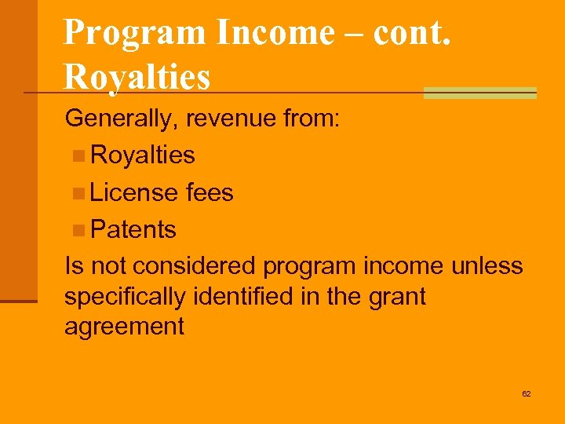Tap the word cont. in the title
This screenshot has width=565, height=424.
pos(411,32)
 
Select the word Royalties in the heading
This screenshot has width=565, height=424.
pos(137,76)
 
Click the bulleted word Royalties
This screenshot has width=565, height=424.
pos(143,155)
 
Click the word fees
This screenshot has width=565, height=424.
pos(210,192)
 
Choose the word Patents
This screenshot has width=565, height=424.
pos(133,229)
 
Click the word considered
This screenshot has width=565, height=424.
pos(194,266)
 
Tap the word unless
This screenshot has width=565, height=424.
pos(487,266)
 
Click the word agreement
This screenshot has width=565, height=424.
pos(124,327)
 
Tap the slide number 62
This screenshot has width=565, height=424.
pos(526,393)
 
